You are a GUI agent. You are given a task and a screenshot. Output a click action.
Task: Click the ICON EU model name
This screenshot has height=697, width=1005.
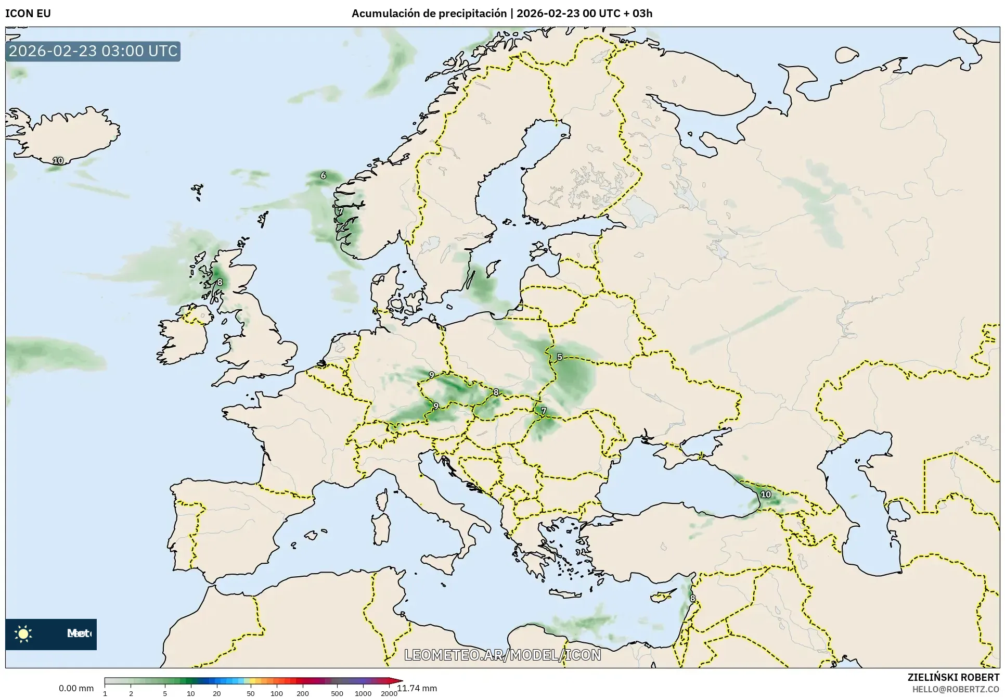click(28, 14)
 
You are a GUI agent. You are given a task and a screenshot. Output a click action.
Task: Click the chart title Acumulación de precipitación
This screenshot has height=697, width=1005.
click(429, 14)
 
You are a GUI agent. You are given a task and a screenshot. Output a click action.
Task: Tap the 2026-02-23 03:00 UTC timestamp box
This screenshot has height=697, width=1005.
click(93, 51)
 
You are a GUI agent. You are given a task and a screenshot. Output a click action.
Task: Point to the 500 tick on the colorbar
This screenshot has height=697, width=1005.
click(337, 693)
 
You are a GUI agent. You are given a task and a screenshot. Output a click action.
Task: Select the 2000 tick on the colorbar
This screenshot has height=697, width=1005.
click(389, 693)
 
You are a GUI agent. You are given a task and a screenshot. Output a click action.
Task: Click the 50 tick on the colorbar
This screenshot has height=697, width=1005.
click(251, 693)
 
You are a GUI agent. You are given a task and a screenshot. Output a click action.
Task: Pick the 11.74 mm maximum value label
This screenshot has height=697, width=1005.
click(417, 688)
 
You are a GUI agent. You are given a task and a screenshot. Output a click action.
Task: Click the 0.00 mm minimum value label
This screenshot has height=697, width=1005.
click(76, 688)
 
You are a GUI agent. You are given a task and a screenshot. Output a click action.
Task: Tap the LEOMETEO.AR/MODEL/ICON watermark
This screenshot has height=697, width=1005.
click(502, 655)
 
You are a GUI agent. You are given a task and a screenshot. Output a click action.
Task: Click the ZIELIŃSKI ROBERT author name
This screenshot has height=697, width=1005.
click(953, 677)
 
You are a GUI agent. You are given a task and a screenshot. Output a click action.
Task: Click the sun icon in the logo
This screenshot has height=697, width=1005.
click(23, 633)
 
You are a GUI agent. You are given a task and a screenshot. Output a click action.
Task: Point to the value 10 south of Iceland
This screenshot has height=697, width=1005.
click(58, 161)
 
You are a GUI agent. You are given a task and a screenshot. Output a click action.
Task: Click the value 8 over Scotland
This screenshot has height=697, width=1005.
click(220, 282)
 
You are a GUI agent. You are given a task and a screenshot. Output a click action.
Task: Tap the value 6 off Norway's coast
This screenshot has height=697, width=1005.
click(323, 175)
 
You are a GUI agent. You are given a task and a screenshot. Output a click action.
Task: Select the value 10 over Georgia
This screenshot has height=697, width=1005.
click(766, 494)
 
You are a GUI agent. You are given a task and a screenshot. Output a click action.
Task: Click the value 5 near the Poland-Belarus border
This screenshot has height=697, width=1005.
click(559, 357)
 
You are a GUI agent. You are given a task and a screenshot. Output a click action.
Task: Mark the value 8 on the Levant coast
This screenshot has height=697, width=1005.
click(692, 598)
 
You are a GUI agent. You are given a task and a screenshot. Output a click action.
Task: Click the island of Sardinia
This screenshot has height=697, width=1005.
click(383, 528)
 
